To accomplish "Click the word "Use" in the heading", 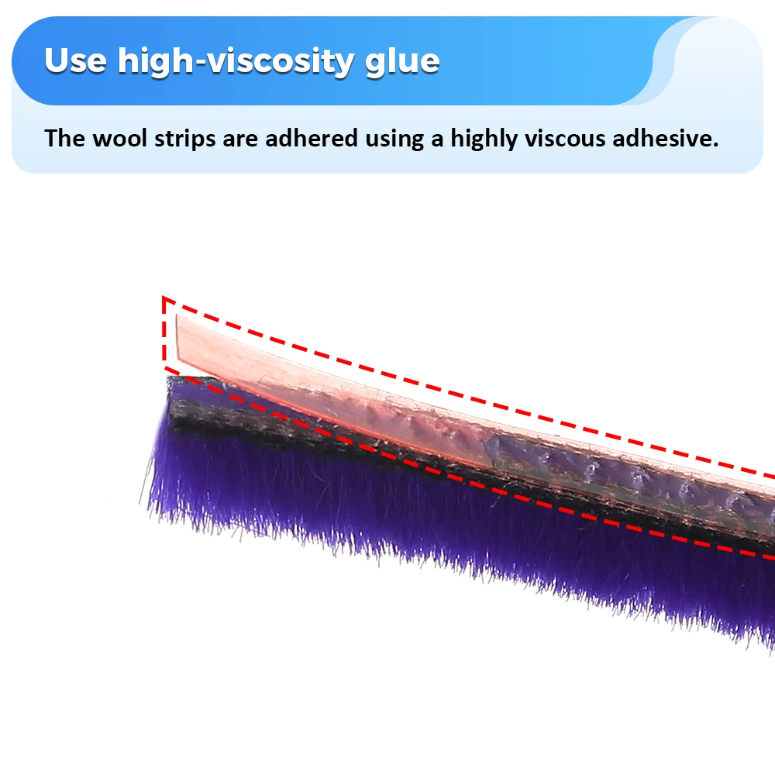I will click(x=75, y=60).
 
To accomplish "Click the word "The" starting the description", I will click(x=65, y=139).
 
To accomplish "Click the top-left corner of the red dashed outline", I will click(x=164, y=297).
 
